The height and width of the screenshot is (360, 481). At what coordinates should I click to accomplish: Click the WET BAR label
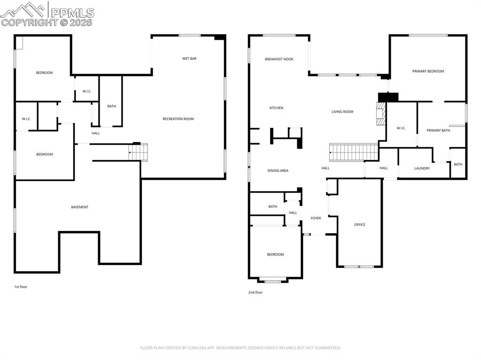pos(189,59)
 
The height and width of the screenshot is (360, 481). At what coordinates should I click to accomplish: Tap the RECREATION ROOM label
pos(178,119)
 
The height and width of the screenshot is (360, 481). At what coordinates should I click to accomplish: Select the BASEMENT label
pos(79,207)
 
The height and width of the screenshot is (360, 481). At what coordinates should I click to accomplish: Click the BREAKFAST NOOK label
pos(279,59)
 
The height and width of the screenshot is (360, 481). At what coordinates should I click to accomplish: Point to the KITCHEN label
pos(276,108)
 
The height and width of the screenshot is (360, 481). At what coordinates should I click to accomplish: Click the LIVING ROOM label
pos(342,112)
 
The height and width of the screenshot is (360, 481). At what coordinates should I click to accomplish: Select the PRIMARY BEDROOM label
pos(428,71)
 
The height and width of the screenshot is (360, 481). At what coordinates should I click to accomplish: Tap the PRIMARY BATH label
pos(438,130)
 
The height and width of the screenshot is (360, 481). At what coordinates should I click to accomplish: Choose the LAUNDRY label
pos(422,168)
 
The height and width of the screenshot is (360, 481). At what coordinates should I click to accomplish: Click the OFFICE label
pos(360,224)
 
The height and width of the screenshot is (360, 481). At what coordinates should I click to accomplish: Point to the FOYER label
pos(316,218)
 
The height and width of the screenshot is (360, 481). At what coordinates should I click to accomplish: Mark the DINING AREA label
pos(278,170)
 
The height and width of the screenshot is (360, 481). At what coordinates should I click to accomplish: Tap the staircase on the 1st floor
pos(139,153)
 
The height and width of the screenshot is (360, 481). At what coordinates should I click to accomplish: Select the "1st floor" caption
pos(21,286)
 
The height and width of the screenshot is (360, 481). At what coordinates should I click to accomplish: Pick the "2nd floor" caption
pos(256,292)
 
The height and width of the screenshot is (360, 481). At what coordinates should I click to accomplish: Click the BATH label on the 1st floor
pos(111,106)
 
